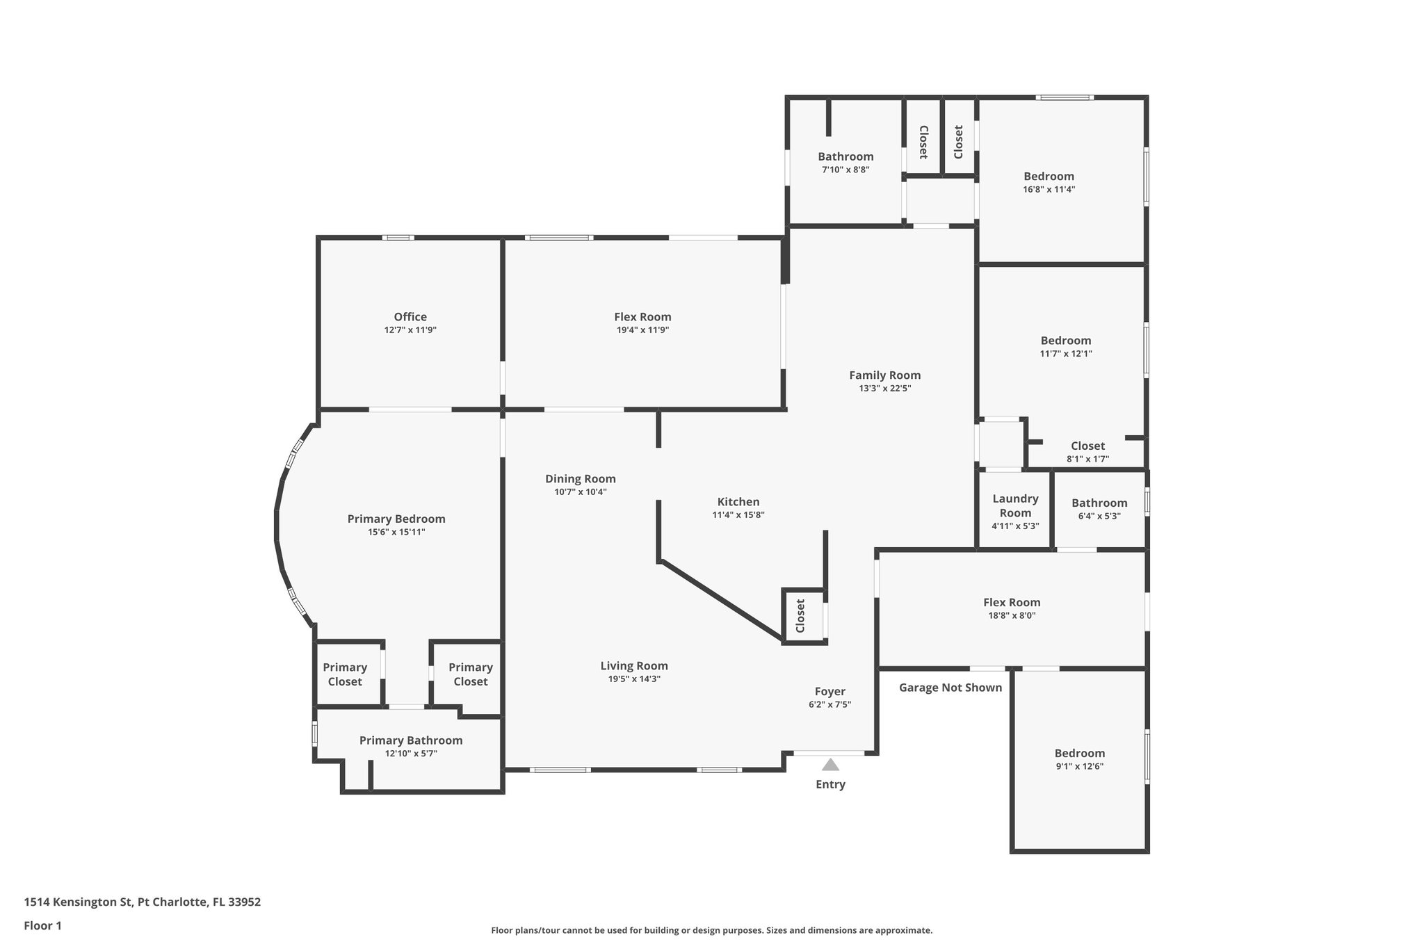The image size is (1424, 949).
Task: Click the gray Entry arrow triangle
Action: click(830, 765)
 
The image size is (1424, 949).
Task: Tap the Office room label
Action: click(410, 317)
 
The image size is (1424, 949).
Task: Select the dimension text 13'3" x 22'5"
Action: click(884, 389)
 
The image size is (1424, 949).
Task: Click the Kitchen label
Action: click(738, 502)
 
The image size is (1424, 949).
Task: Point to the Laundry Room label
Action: click(1015, 505)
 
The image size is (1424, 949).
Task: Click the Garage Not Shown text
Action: click(950, 688)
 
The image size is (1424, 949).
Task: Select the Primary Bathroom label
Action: click(410, 740)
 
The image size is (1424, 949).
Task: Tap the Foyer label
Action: click(830, 691)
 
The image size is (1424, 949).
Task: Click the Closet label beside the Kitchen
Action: click(800, 615)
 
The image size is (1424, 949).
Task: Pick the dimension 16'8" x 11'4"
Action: click(1049, 189)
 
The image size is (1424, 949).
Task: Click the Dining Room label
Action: click(580, 478)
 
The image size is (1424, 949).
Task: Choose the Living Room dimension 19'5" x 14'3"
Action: click(633, 679)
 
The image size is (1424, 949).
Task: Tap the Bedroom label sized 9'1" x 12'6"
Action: click(1079, 753)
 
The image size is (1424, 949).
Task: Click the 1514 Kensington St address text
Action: click(142, 902)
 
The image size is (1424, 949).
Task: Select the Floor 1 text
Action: click(42, 925)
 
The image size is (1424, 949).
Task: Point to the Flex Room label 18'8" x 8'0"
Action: click(1012, 602)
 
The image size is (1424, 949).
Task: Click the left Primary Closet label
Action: click(345, 674)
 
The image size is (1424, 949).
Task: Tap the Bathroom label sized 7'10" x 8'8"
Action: click(845, 156)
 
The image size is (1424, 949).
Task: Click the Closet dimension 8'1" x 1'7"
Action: click(1087, 459)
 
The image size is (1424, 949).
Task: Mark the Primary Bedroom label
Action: click(396, 519)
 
